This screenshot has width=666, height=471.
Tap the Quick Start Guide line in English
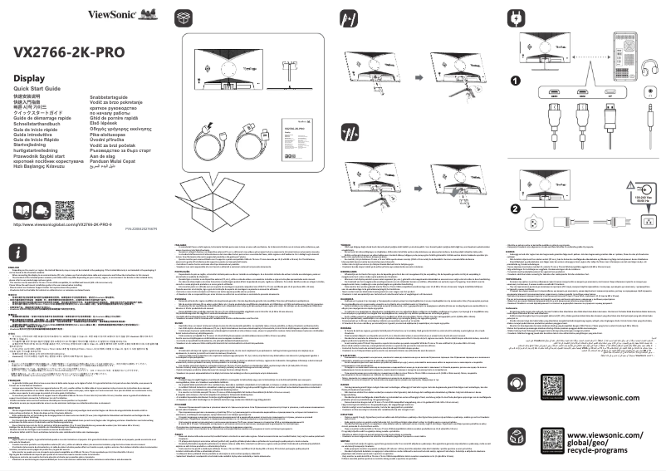tap(37, 88)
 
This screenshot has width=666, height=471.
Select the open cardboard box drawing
tap(241, 184)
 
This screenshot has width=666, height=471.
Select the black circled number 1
tap(515, 81)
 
